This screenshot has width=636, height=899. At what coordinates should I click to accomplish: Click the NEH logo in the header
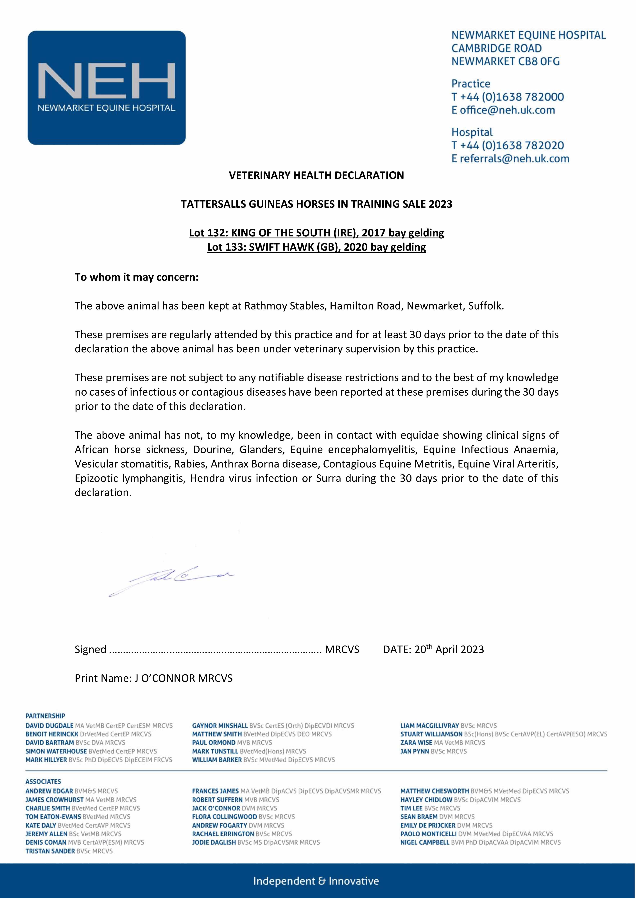[x=107, y=88]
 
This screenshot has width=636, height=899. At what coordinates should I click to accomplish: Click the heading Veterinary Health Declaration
[x=316, y=175]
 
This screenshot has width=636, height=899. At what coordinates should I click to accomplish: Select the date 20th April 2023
[x=449, y=650]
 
